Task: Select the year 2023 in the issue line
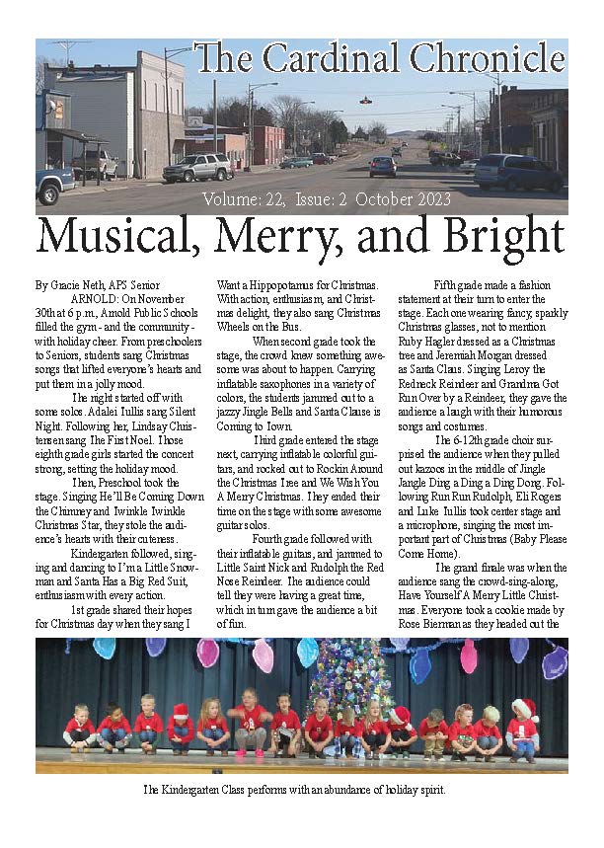pyautogui.click(x=426, y=199)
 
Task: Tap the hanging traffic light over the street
pyautogui.click(x=366, y=100)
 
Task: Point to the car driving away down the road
pyautogui.click(x=382, y=166)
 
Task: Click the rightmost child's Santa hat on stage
pyautogui.click(x=525, y=709)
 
